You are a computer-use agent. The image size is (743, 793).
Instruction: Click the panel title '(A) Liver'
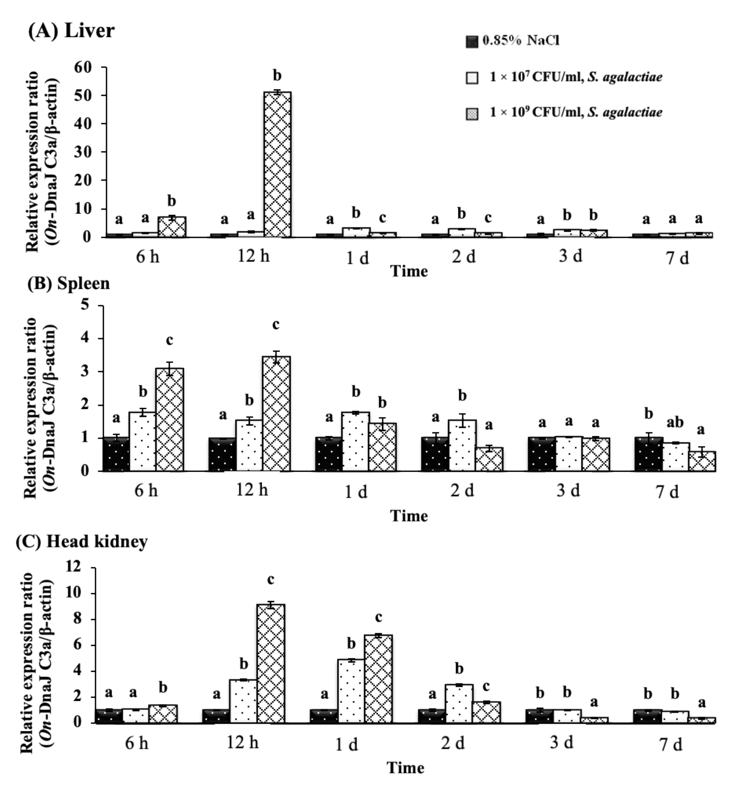pos(71,31)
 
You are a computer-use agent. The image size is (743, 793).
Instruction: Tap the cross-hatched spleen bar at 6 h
pos(170,420)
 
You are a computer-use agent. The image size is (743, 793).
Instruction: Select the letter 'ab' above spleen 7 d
pos(675,422)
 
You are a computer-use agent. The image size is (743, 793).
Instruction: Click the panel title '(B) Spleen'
pos(69,283)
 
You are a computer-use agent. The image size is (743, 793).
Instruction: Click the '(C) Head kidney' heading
pos(82,541)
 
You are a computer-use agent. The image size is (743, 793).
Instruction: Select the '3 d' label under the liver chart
pos(570,256)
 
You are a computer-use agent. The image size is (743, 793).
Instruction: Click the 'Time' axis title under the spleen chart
pos(409,516)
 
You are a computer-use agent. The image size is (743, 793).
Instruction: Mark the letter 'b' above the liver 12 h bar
pos(277,75)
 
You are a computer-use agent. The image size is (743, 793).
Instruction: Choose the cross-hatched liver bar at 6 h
pos(172,227)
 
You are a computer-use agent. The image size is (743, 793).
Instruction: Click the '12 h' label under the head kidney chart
pos(243,742)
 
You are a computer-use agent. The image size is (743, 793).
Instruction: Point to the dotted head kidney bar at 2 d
pos(459,703)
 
